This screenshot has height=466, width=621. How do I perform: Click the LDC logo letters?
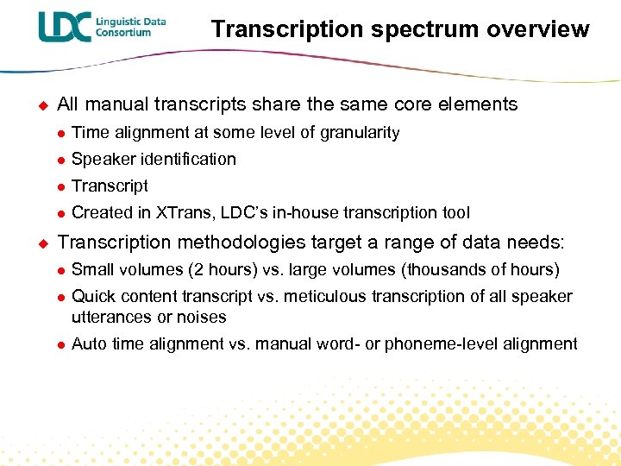(64, 27)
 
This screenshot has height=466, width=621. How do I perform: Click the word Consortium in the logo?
(123, 33)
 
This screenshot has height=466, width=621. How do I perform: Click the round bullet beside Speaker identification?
(60, 160)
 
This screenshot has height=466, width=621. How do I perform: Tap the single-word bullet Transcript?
(110, 186)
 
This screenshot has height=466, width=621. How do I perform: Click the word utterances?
(109, 318)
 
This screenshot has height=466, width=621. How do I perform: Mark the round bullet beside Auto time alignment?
(60, 345)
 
